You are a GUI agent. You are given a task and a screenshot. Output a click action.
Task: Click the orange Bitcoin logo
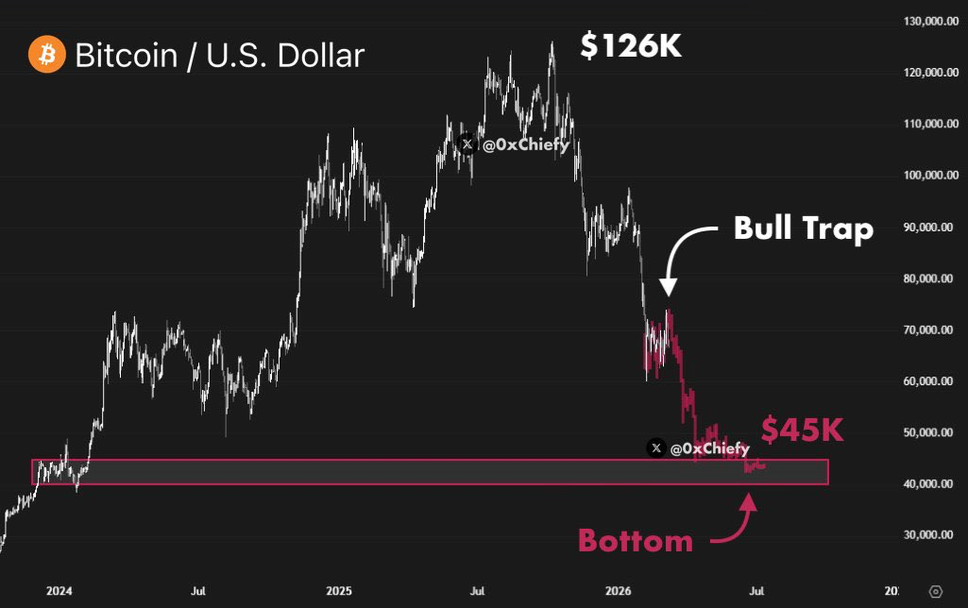(x=45, y=55)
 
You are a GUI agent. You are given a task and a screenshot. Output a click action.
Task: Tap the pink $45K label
(x=802, y=430)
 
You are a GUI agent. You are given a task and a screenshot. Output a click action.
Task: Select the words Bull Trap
(x=804, y=229)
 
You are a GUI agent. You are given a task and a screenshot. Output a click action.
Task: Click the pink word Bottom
(x=636, y=541)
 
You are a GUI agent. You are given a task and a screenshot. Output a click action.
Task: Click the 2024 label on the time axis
(x=59, y=592)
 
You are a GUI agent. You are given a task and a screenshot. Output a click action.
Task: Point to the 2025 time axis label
(x=338, y=592)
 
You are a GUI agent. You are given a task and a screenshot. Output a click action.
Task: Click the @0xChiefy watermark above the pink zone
(x=699, y=448)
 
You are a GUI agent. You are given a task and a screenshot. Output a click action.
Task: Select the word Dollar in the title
(x=317, y=55)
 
